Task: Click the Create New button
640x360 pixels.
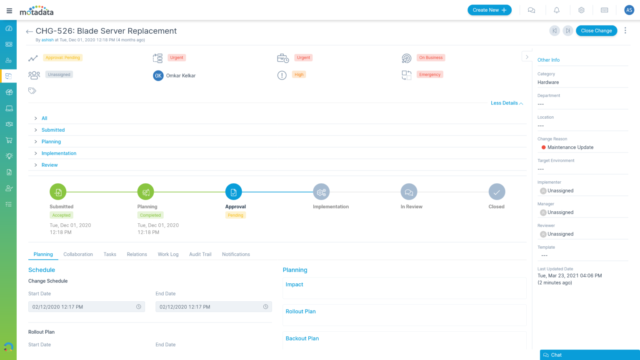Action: pyautogui.click(x=489, y=10)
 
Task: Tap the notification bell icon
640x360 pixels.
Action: pyautogui.click(x=556, y=10)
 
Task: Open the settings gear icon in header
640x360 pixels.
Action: pyautogui.click(x=581, y=10)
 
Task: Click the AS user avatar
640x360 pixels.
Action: pyautogui.click(x=629, y=10)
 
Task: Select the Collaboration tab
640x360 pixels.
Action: pyautogui.click(x=78, y=254)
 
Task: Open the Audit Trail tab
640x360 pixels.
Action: pyautogui.click(x=200, y=254)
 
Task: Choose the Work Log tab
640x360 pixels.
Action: pyautogui.click(x=168, y=254)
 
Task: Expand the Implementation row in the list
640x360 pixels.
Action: pyautogui.click(x=59, y=153)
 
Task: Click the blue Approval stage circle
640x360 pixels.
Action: pyautogui.click(x=233, y=192)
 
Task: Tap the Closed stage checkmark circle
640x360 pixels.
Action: pyautogui.click(x=497, y=192)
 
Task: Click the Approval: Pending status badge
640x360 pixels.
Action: pyautogui.click(x=63, y=58)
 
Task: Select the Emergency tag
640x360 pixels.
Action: pyautogui.click(x=430, y=75)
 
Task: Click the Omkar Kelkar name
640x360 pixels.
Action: pyautogui.click(x=181, y=76)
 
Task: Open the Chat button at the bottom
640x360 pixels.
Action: pyautogui.click(x=589, y=355)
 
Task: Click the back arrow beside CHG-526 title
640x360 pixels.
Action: pyautogui.click(x=29, y=32)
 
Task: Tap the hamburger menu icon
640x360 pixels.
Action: pyautogui.click(x=9, y=10)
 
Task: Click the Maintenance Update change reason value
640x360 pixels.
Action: pyautogui.click(x=570, y=147)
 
